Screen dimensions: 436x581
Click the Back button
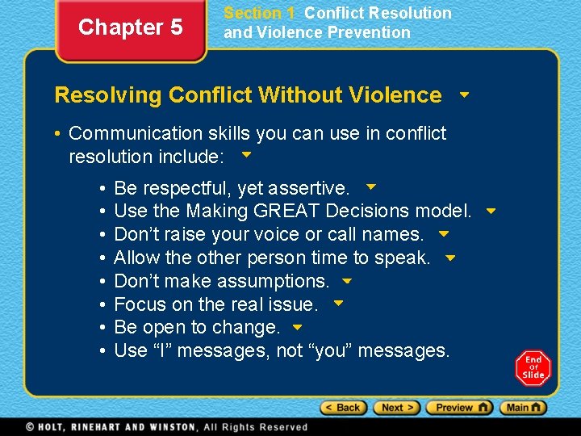[342, 408]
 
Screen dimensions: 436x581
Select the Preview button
[458, 408]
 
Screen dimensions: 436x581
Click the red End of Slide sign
[533, 368]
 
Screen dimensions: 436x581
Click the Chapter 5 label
[130, 27]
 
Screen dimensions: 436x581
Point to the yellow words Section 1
[259, 13]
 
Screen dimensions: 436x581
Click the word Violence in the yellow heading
[396, 95]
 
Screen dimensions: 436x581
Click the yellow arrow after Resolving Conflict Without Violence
[464, 94]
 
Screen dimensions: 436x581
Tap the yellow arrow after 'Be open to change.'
[297, 328]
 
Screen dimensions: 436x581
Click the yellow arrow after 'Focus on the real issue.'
[339, 304]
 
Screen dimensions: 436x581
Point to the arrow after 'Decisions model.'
[491, 212]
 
